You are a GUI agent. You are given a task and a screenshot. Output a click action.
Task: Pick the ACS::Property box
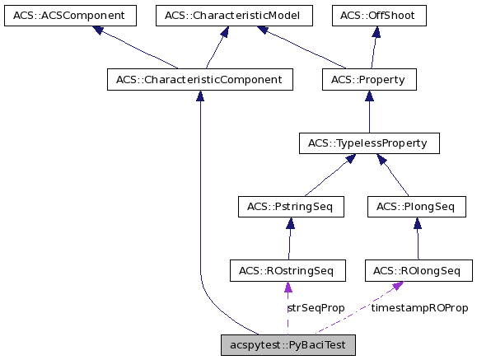point(368,80)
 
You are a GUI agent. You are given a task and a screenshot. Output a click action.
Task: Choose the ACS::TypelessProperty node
point(368,143)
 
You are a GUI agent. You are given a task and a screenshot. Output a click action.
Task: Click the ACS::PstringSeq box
point(289,206)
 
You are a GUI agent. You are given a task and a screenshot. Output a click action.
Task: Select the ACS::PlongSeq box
point(416,206)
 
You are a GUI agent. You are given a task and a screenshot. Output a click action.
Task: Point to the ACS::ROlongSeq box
point(419,270)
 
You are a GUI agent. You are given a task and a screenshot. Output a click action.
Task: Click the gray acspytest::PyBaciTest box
point(288,345)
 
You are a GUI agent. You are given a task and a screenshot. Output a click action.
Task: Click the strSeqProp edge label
point(316,307)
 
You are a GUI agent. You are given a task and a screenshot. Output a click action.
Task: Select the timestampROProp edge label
point(419,307)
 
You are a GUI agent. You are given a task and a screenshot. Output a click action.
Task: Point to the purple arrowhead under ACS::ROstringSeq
point(288,287)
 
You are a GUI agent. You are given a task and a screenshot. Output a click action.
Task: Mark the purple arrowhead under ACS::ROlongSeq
point(398,285)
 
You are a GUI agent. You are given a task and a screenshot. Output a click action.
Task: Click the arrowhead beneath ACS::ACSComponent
point(98,30)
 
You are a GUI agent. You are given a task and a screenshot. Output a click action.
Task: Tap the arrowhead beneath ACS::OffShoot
point(376,31)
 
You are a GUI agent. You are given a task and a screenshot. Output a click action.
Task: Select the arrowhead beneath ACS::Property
point(368,96)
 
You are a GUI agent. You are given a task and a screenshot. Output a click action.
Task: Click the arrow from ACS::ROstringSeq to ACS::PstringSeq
point(288,239)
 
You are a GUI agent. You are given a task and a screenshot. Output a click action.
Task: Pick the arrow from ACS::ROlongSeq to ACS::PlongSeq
point(418,239)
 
